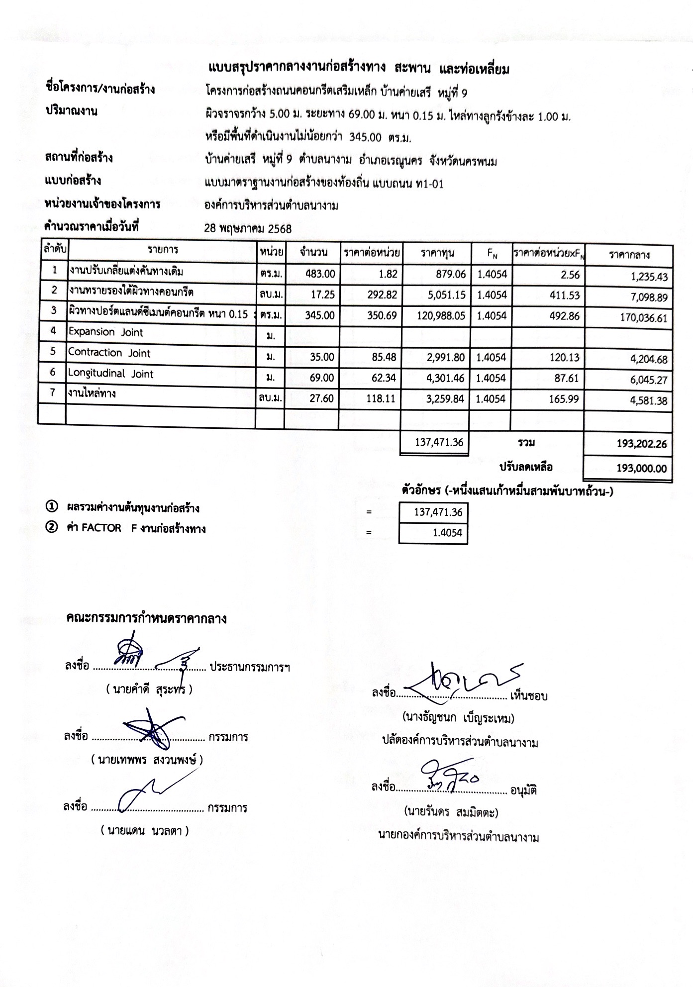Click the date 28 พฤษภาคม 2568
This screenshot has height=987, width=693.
pyautogui.click(x=248, y=229)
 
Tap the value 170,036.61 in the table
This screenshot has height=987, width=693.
pyautogui.click(x=643, y=318)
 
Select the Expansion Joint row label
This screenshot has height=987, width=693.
pyautogui.click(x=105, y=332)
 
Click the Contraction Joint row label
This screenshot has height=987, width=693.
pyautogui.click(x=109, y=353)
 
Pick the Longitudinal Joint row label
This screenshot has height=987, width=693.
pyautogui.click(x=111, y=374)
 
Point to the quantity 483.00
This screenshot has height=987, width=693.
pyautogui.click(x=320, y=274)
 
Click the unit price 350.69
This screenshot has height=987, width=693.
pyautogui.click(x=382, y=315)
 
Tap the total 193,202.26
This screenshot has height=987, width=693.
pyautogui.click(x=641, y=444)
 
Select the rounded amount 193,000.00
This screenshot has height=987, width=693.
pyautogui.click(x=641, y=468)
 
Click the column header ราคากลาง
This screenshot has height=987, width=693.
pyautogui.click(x=629, y=255)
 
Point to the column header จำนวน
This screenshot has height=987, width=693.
pyautogui.click(x=313, y=253)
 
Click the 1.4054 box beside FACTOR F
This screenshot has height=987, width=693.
pyautogui.click(x=433, y=533)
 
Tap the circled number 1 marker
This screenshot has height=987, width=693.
pyautogui.click(x=51, y=507)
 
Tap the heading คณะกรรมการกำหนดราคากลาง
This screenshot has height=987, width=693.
pyautogui.click(x=146, y=618)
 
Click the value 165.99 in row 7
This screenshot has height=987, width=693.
pyautogui.click(x=566, y=398)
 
